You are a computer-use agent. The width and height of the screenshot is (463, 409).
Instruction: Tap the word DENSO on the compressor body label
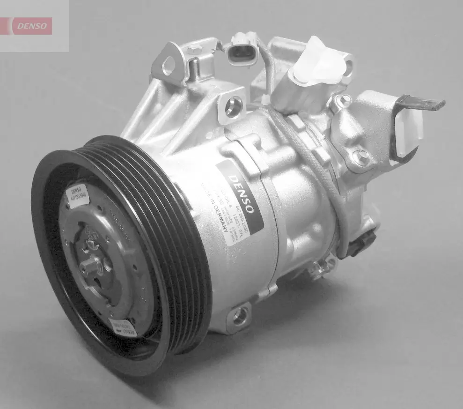tap(243, 192)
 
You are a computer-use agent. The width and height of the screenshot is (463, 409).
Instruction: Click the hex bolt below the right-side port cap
tap(358, 155)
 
